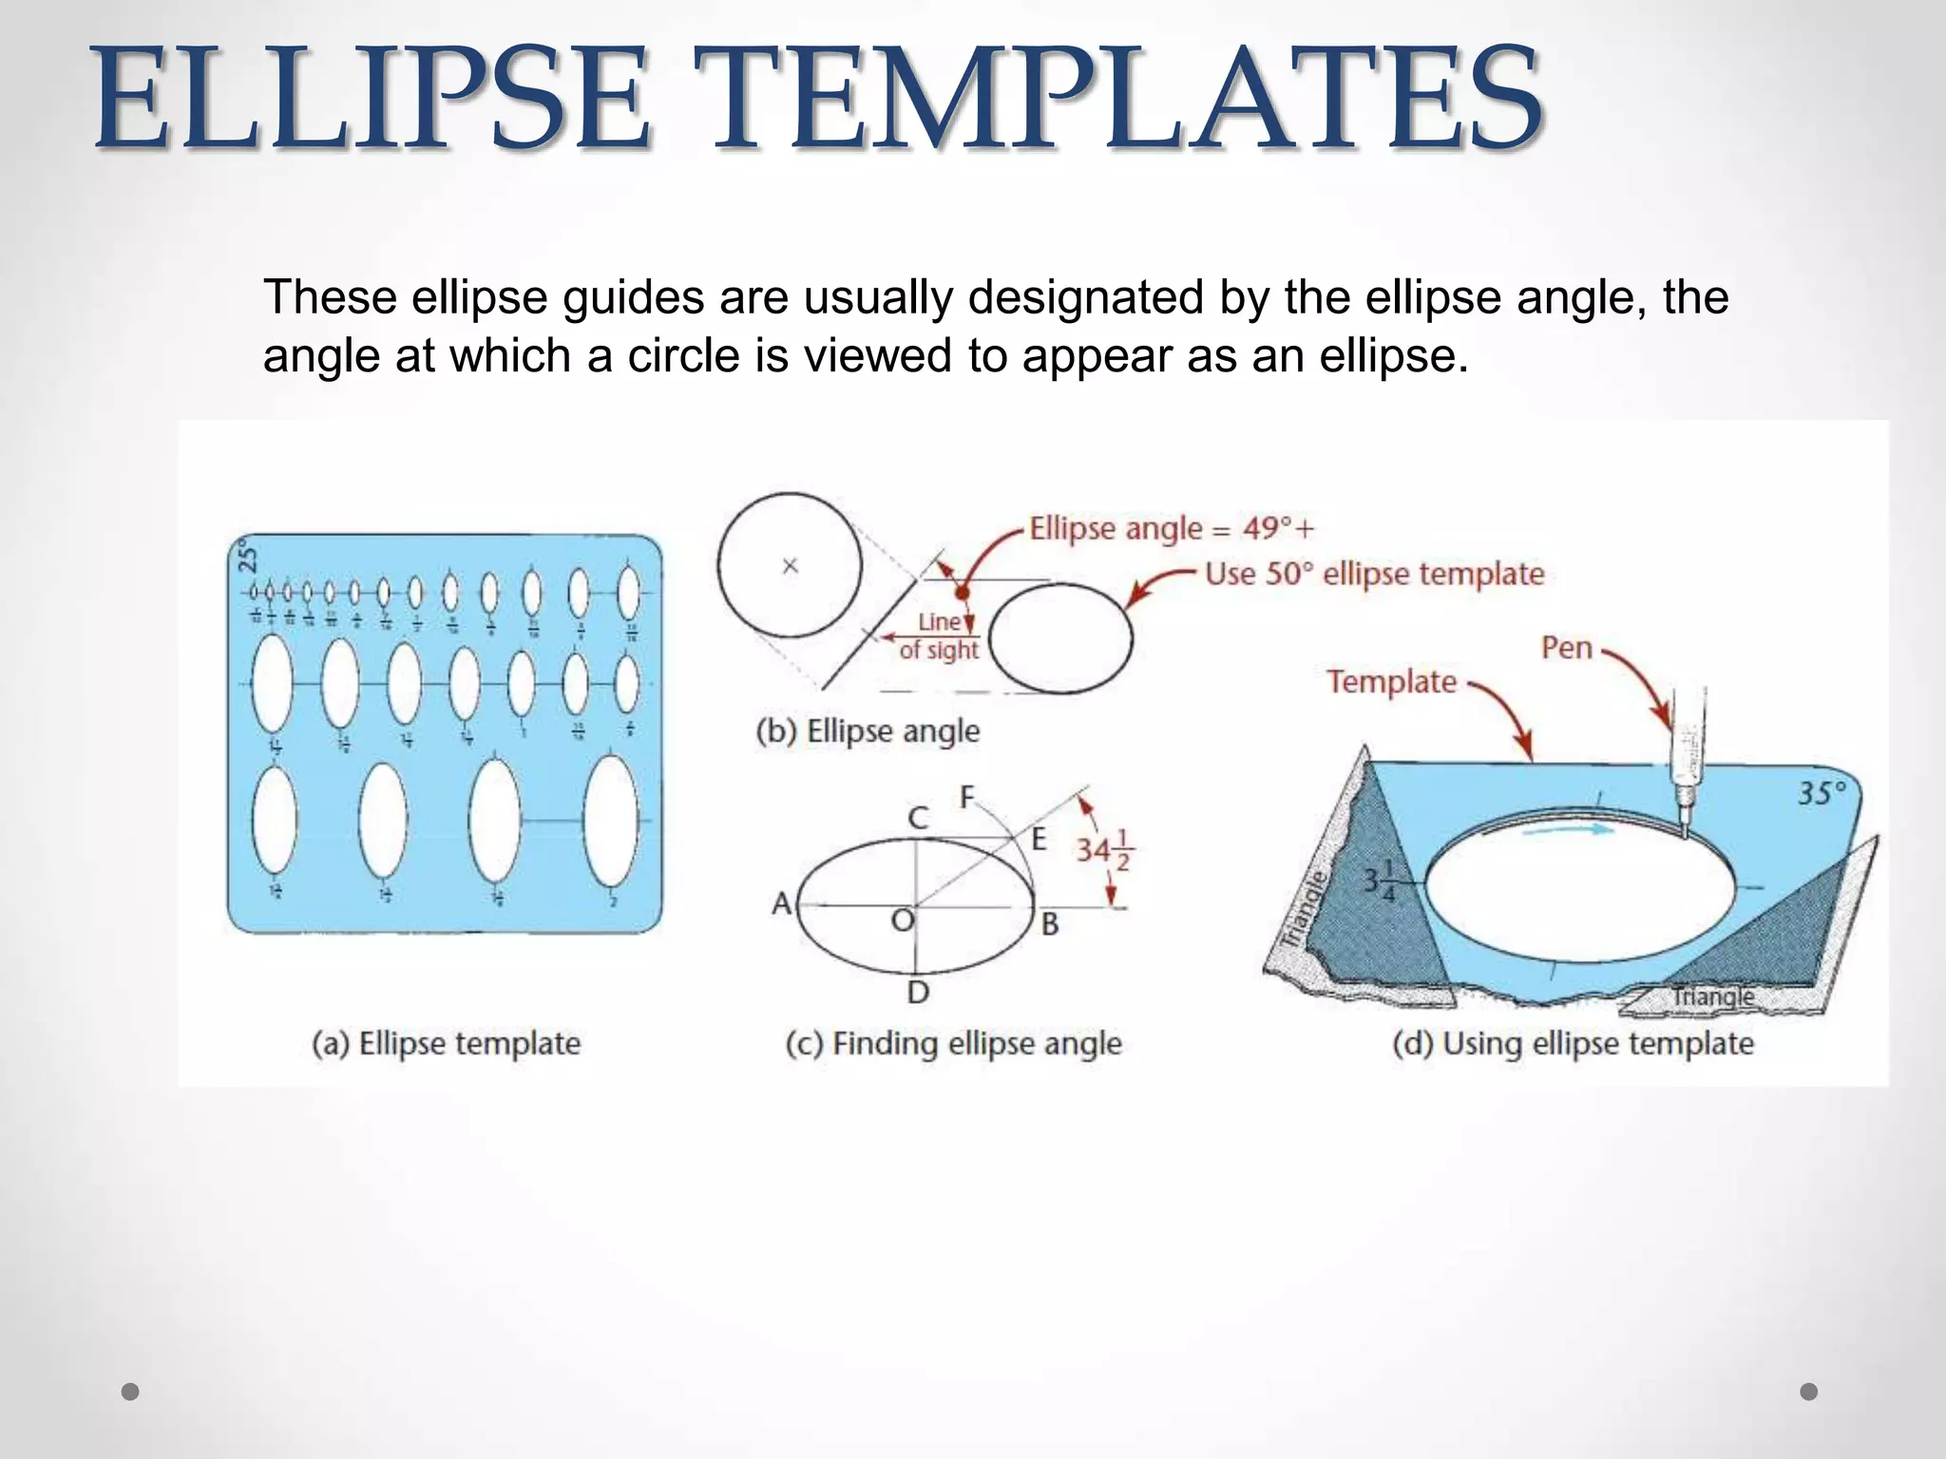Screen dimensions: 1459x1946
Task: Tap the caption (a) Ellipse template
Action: click(x=446, y=1043)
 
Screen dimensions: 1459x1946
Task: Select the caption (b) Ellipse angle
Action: click(x=868, y=730)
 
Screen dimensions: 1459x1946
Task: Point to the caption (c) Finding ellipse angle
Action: click(x=953, y=1043)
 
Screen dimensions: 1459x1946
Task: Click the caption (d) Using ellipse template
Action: click(x=1573, y=1043)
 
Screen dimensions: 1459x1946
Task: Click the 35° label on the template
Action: click(x=1822, y=793)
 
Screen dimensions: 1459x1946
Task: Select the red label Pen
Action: click(x=1566, y=648)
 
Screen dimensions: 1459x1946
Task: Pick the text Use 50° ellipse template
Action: click(x=1374, y=574)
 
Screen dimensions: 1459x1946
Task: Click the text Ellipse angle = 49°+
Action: click(x=1172, y=528)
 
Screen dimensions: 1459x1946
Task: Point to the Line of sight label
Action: click(x=939, y=636)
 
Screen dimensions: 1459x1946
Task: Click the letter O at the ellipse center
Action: click(x=901, y=919)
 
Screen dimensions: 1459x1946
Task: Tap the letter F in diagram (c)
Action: click(x=967, y=797)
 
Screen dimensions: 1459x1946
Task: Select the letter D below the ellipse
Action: click(x=917, y=993)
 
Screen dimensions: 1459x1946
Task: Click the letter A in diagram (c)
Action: click(x=782, y=902)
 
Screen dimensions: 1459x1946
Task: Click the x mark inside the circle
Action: click(x=790, y=566)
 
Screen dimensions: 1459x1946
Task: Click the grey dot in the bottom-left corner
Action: click(x=131, y=1392)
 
